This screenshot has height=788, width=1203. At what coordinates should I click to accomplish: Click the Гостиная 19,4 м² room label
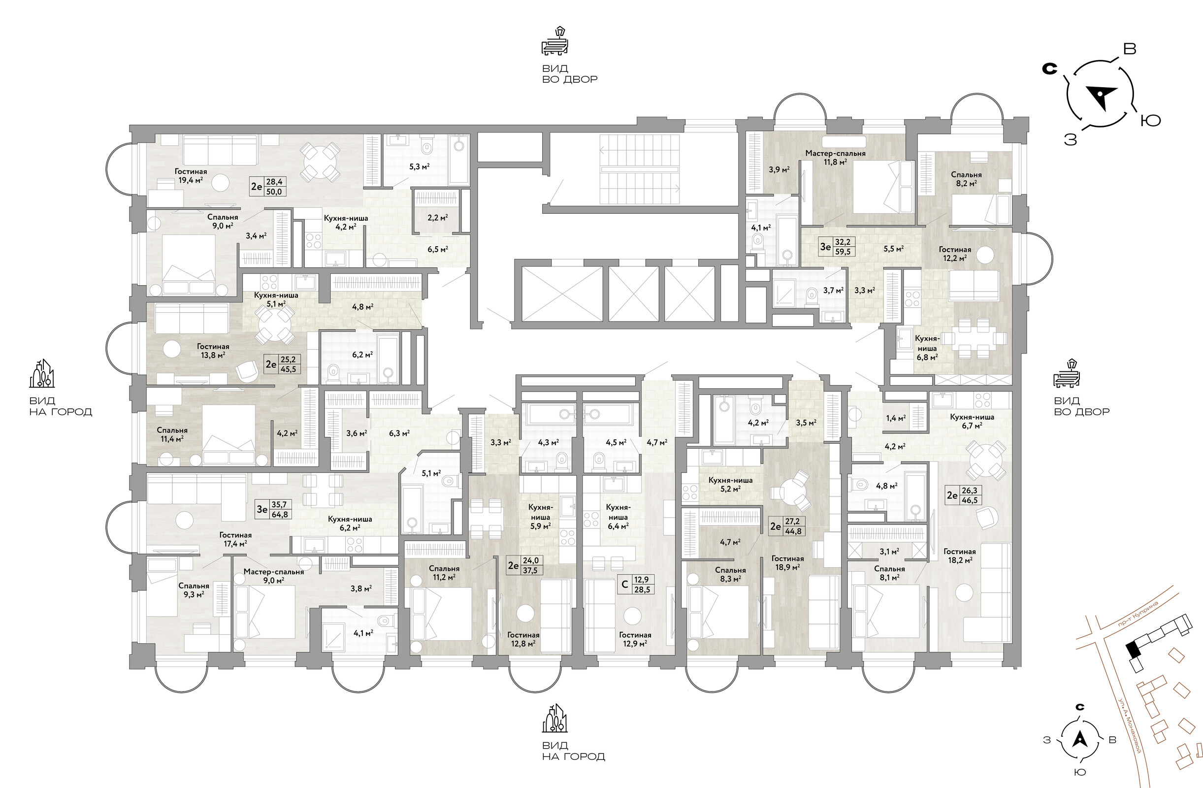191,175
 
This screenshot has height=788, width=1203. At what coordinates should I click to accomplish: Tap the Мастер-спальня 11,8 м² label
836,157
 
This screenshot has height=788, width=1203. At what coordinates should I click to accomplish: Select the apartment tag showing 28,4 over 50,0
268,187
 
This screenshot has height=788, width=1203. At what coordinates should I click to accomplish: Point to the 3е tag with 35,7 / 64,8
274,510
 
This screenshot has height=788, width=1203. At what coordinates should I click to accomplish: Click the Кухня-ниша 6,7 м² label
972,421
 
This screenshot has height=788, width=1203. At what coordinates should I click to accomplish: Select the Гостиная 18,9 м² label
787,562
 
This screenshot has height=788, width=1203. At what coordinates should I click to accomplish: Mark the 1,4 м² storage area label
895,418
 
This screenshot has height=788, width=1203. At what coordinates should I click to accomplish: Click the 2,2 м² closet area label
438,218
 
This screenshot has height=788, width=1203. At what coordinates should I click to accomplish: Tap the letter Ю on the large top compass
1150,120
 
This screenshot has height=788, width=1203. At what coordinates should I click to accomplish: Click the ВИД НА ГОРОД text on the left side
61,406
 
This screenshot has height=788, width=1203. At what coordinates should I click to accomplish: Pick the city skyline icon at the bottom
555,718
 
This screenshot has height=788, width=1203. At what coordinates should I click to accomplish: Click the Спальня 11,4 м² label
172,435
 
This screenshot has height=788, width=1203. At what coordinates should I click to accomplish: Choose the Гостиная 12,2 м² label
955,253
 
